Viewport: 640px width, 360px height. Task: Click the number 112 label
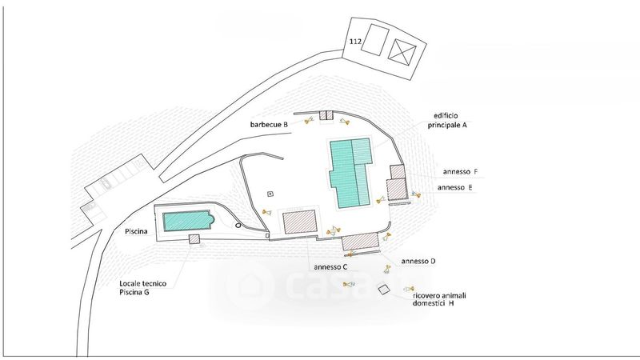click(x=355, y=41)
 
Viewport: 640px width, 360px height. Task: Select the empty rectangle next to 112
click(x=374, y=40)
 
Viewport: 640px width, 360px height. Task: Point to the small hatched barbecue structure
click(x=326, y=116)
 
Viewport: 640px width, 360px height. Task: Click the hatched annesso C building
click(x=300, y=222)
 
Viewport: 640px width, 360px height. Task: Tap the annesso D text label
click(x=418, y=261)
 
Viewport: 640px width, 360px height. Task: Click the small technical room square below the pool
click(x=194, y=239)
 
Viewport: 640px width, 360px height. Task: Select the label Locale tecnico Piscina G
click(x=146, y=288)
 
